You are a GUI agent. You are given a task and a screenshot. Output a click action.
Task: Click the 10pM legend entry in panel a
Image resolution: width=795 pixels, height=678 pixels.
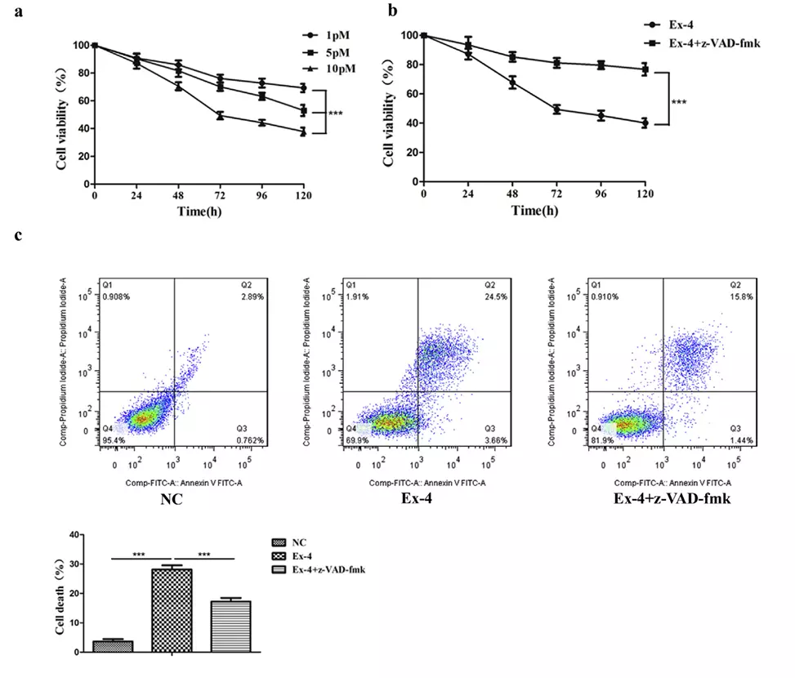(337, 68)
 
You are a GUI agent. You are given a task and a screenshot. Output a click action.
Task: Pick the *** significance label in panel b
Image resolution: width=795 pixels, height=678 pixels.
(679, 103)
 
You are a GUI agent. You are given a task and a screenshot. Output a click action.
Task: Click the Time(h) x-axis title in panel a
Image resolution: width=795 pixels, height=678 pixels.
(199, 211)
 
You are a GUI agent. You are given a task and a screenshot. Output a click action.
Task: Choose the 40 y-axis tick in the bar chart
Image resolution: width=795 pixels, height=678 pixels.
(75, 535)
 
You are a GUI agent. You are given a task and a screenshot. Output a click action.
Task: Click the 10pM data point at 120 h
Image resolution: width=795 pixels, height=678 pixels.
(303, 132)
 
